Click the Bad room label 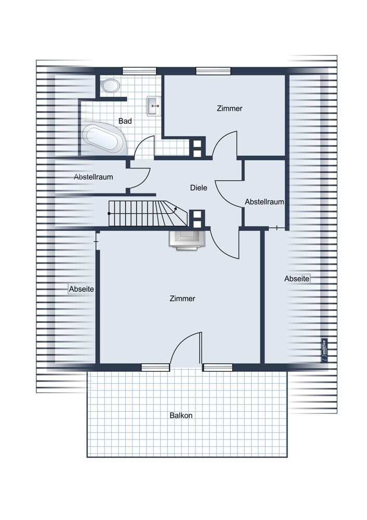tap(125, 121)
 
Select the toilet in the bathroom tap(110, 86)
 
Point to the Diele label tap(199, 188)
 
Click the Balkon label tap(181, 415)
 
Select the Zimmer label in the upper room tap(229, 109)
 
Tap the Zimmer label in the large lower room tap(182, 298)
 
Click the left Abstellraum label tap(94, 177)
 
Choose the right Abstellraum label tap(265, 202)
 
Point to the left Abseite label tap(82, 289)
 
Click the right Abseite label tap(297, 279)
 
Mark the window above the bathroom tap(139, 71)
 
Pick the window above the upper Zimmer tap(213, 71)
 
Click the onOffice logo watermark tap(324, 350)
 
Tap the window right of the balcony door tap(218, 368)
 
